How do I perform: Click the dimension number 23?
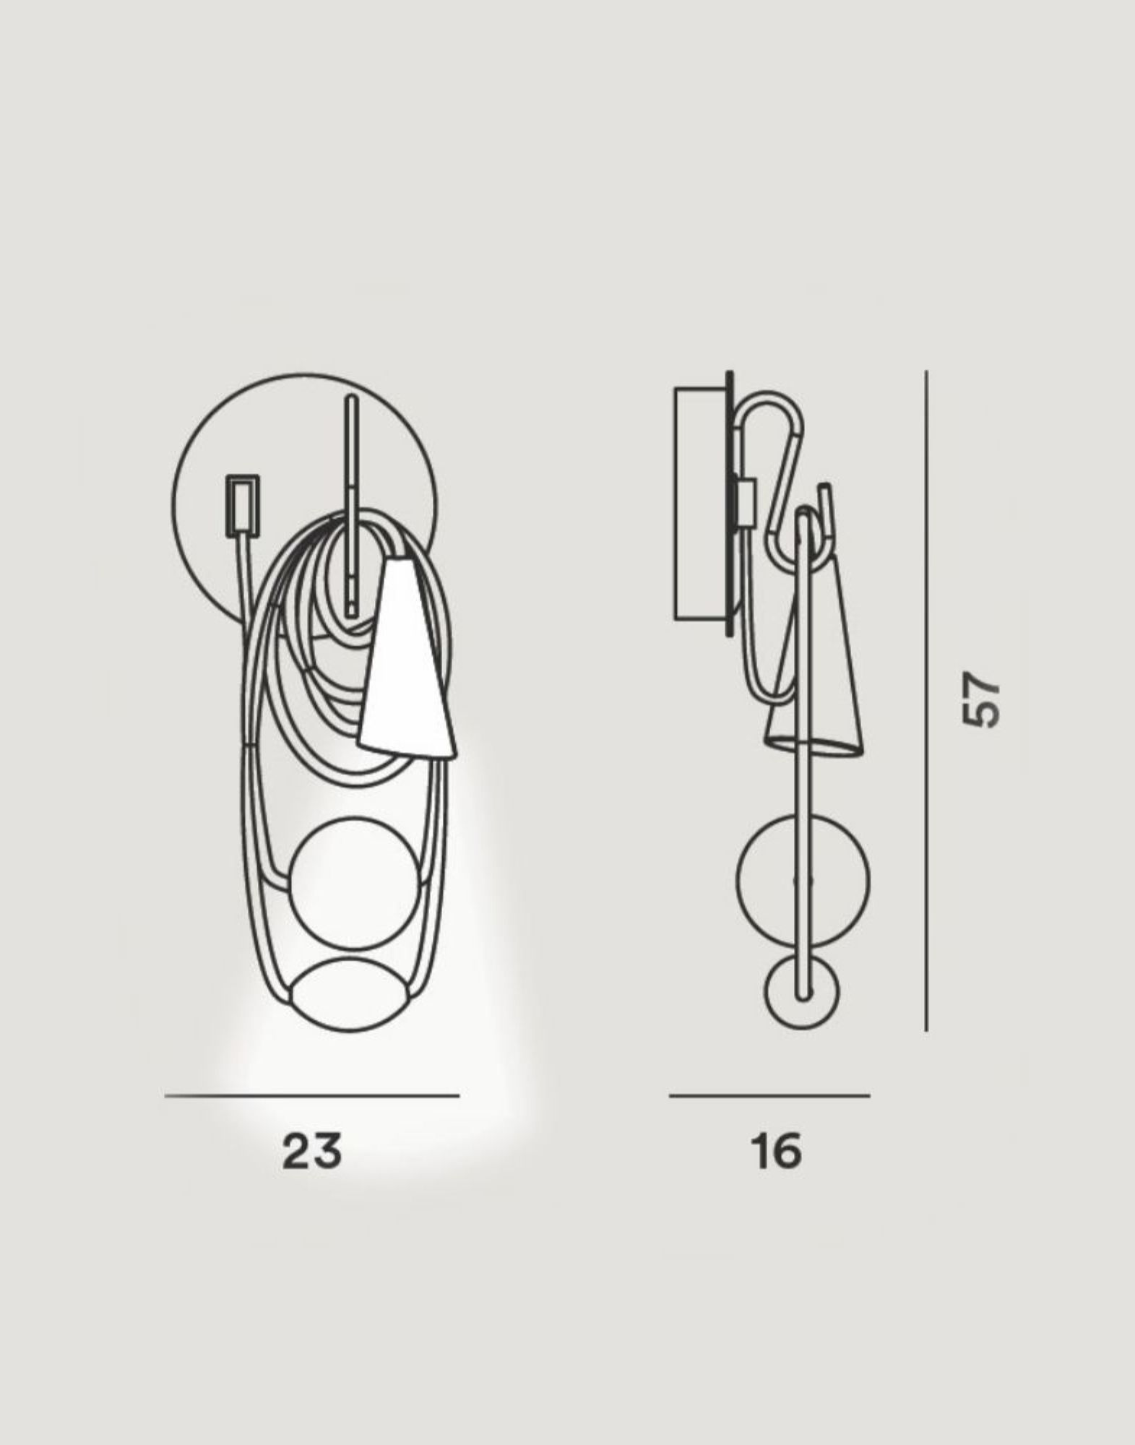coord(311,1150)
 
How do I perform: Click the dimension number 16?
coord(776,1150)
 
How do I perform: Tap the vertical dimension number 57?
coord(982,700)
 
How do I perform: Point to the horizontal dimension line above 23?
coord(312,1096)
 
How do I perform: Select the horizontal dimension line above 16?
coord(769,1096)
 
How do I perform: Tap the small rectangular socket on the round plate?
coord(243,505)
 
